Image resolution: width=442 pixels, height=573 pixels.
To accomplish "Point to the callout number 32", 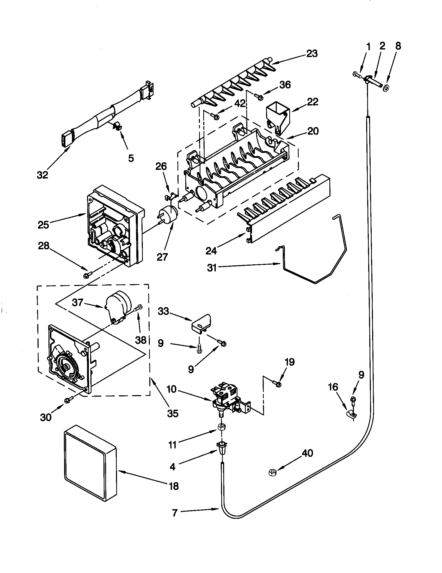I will [x=43, y=175].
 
